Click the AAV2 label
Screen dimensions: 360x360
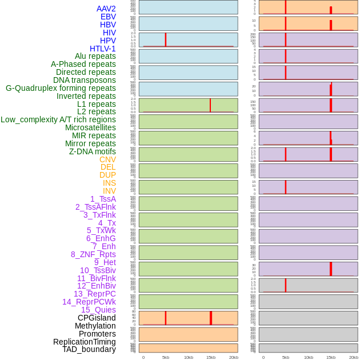(106, 9)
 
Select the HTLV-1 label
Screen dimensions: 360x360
(103, 49)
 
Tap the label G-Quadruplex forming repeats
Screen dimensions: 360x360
(61, 88)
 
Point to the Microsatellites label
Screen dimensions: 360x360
(90, 127)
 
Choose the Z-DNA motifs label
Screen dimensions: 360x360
(93, 151)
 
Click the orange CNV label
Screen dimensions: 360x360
(107, 159)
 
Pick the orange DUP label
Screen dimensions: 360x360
(107, 175)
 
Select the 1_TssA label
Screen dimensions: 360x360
(103, 199)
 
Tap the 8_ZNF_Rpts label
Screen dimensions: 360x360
(93, 254)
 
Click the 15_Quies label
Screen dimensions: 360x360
(98, 310)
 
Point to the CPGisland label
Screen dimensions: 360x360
(97, 318)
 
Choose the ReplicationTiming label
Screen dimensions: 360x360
(85, 342)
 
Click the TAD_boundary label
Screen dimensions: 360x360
(89, 349)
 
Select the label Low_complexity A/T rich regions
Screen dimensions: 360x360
(58, 119)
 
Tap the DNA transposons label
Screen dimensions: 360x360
(85, 80)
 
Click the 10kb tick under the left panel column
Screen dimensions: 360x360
(188, 357)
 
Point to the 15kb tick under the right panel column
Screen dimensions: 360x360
(331, 357)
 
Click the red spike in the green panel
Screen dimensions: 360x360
(210, 105)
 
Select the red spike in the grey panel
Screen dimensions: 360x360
(286, 285)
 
